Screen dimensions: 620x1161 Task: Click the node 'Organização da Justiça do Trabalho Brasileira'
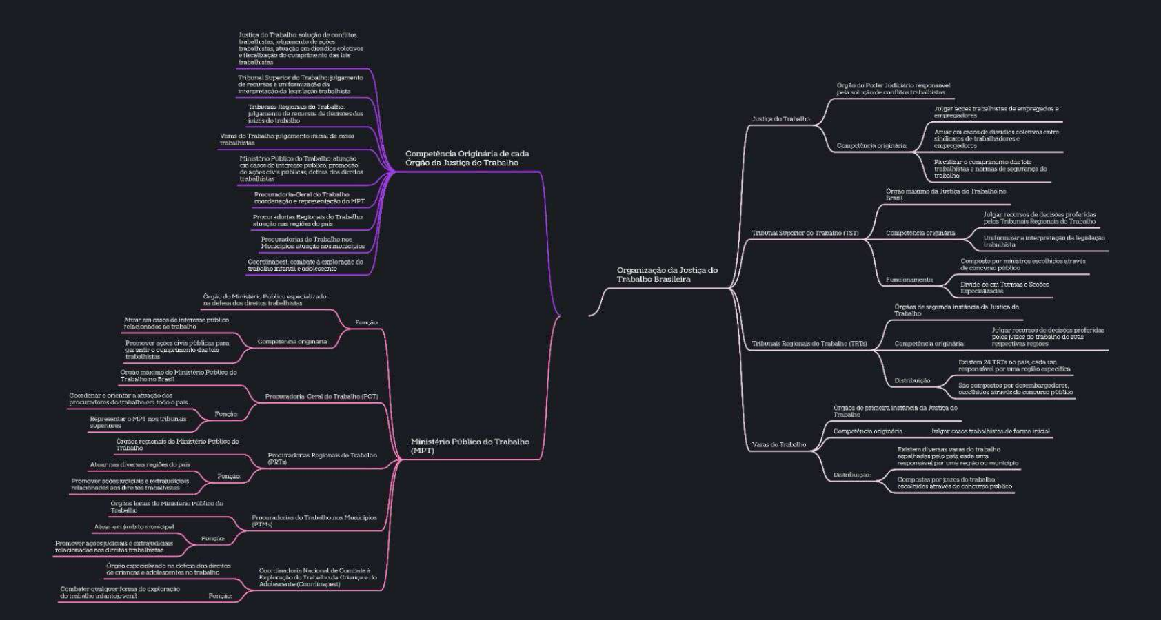point(667,275)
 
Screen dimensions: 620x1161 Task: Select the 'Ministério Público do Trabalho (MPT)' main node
point(470,446)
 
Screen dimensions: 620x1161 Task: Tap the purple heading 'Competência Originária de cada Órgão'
point(467,158)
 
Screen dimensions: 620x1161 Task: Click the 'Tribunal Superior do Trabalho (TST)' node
point(805,234)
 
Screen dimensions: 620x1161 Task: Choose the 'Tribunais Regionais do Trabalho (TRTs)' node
point(809,344)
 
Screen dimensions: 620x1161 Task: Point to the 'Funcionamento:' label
point(909,280)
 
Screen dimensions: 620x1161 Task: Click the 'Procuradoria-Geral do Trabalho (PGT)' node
point(321,397)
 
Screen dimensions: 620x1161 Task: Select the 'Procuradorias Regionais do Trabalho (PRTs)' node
point(322,459)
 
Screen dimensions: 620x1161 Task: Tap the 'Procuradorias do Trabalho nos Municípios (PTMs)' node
point(314,521)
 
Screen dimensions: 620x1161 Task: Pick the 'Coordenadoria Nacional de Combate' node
point(318,577)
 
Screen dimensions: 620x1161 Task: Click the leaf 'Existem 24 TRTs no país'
point(1013,365)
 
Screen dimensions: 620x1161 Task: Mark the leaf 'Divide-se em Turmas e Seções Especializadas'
point(1004,288)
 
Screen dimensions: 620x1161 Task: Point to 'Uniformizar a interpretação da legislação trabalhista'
point(1043,241)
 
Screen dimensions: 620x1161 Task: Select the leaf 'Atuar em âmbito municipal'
point(134,527)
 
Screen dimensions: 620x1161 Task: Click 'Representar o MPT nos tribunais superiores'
point(138,422)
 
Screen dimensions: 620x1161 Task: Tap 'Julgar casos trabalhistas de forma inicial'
point(990,431)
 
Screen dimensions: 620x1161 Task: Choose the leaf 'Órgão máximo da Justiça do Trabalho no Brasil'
point(945,195)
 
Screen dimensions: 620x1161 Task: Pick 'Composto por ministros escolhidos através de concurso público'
point(1022,265)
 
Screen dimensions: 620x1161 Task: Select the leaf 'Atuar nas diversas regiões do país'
point(140,465)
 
